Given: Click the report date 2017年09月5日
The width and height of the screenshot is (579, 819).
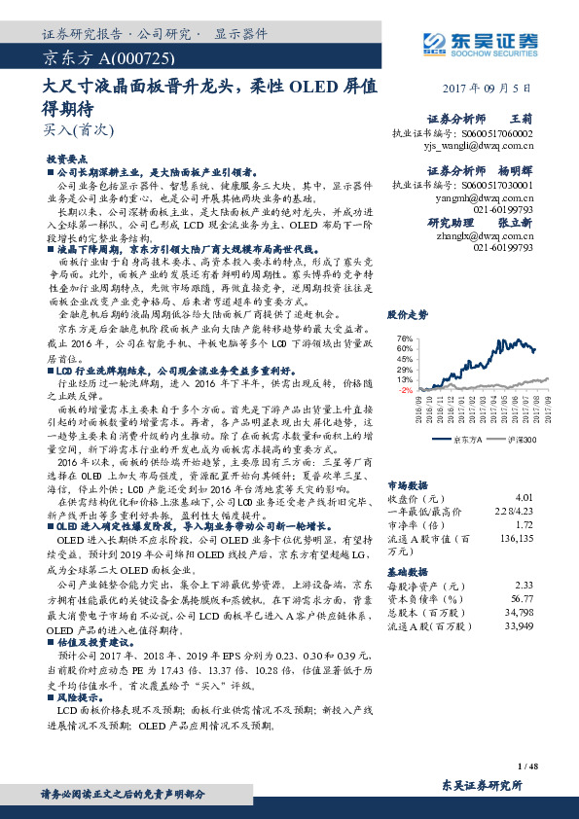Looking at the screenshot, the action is [x=494, y=87].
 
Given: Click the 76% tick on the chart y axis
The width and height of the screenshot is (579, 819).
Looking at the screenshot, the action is [x=406, y=338].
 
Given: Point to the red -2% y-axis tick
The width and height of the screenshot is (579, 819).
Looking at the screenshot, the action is [x=406, y=390].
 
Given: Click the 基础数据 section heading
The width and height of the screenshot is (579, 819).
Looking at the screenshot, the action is [x=408, y=571].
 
